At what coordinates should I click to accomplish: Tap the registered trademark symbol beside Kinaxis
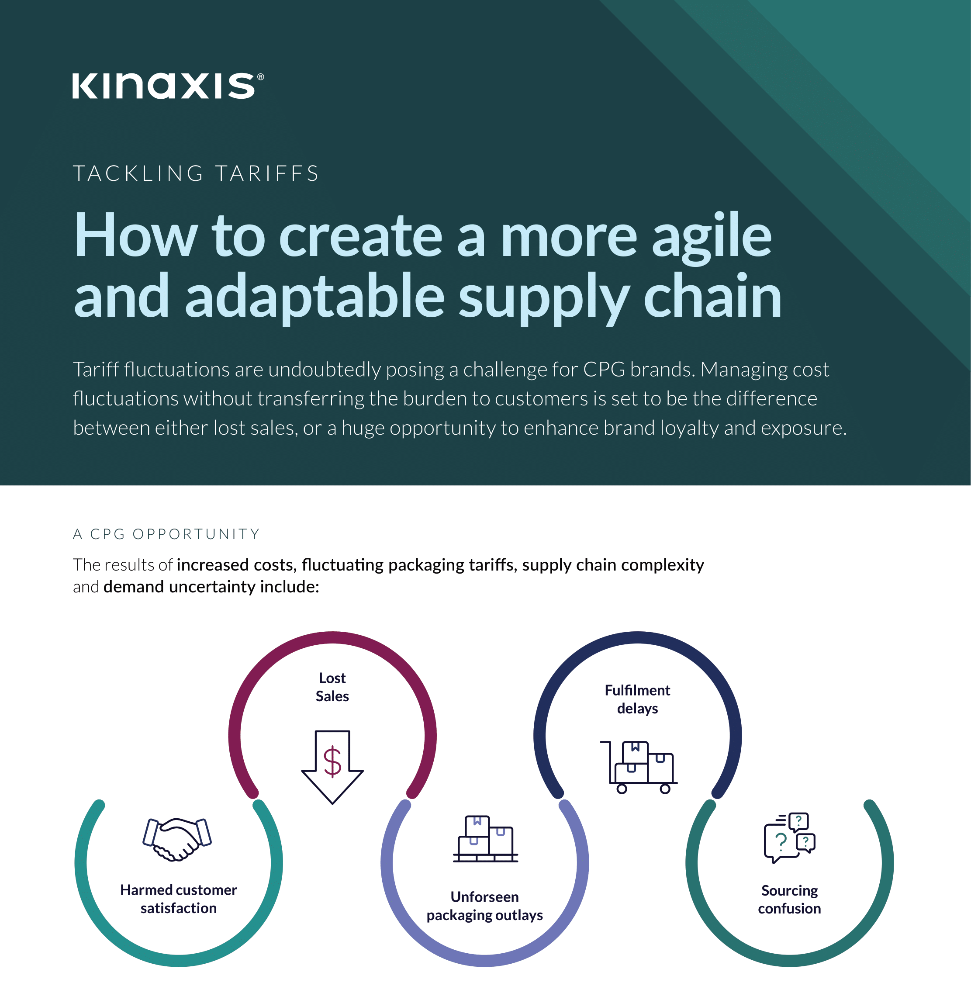point(261,77)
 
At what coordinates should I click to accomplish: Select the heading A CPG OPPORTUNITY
point(166,534)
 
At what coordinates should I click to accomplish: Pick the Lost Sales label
point(332,687)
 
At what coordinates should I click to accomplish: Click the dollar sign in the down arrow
point(332,761)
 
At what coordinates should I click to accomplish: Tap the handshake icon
point(177,839)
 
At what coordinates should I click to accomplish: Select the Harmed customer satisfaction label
point(179,899)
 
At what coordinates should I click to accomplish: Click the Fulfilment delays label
point(637,699)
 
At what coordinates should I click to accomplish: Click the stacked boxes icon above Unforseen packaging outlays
point(485,839)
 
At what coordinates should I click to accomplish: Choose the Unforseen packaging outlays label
point(484,906)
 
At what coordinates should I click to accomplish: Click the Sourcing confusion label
point(789,900)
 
